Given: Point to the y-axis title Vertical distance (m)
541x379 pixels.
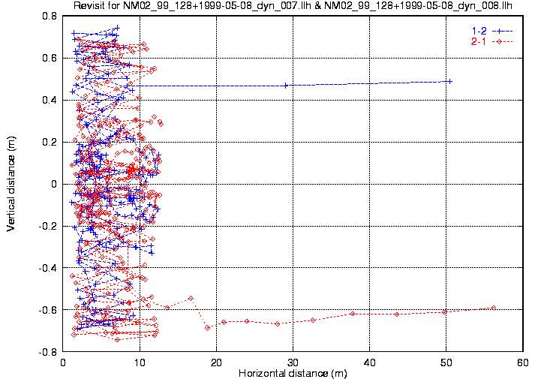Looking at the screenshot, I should [11, 184].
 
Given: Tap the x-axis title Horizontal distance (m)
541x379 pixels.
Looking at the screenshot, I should [292, 373].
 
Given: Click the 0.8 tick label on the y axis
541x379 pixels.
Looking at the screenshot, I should [50, 16].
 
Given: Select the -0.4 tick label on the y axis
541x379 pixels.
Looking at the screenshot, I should [48, 268].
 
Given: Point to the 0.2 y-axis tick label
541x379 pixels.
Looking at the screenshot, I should [50, 142].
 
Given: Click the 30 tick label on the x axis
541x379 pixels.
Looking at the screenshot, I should [293, 362].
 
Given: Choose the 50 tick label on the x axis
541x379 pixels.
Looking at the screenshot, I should [446, 362].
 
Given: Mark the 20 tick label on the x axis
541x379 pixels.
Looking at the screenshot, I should [216, 362].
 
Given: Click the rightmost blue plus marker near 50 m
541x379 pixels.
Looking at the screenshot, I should [449, 81].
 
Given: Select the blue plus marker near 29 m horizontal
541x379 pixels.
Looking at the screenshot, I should [286, 86].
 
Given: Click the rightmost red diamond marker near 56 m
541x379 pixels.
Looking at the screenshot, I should [493, 308].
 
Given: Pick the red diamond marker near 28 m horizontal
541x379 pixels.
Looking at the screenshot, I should [278, 323].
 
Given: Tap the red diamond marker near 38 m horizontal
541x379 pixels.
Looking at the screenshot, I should [352, 314].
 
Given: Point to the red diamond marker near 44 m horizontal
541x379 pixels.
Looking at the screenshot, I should [397, 314].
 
